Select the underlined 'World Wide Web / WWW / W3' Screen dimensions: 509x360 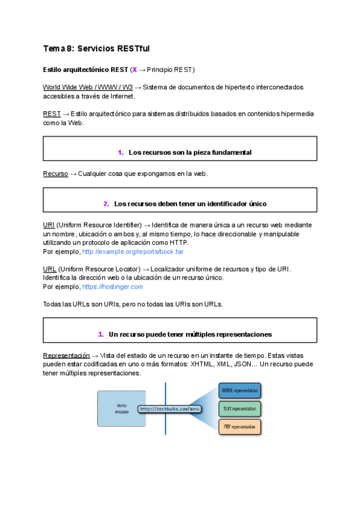(x=88, y=87)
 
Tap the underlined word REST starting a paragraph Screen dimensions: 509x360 (x=51, y=113)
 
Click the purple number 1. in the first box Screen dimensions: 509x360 (x=121, y=152)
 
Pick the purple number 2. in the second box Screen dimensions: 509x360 (x=106, y=203)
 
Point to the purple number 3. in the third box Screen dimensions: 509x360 (x=101, y=334)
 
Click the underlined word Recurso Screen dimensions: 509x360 (x=55, y=173)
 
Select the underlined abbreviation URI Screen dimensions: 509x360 (x=49, y=225)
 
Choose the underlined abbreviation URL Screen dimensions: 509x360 (x=49, y=269)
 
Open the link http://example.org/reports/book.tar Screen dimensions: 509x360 (x=133, y=251)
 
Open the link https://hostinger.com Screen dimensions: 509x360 (x=112, y=286)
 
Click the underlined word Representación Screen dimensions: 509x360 (x=67, y=355)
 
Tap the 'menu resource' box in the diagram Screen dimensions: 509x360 (x=121, y=409)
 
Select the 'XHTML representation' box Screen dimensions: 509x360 (x=239, y=391)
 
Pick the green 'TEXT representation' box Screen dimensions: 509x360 (x=239, y=409)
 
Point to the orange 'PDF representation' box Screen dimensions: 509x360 (x=239, y=427)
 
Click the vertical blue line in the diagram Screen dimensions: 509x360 (x=166, y=420)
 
